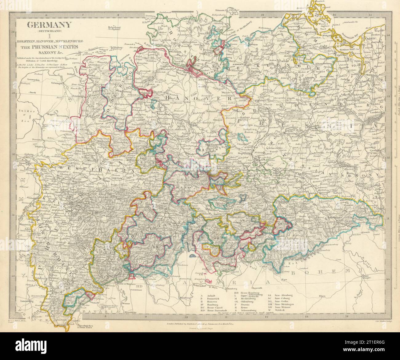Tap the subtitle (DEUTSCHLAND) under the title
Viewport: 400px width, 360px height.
50,31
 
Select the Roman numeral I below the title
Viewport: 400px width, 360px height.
50,37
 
